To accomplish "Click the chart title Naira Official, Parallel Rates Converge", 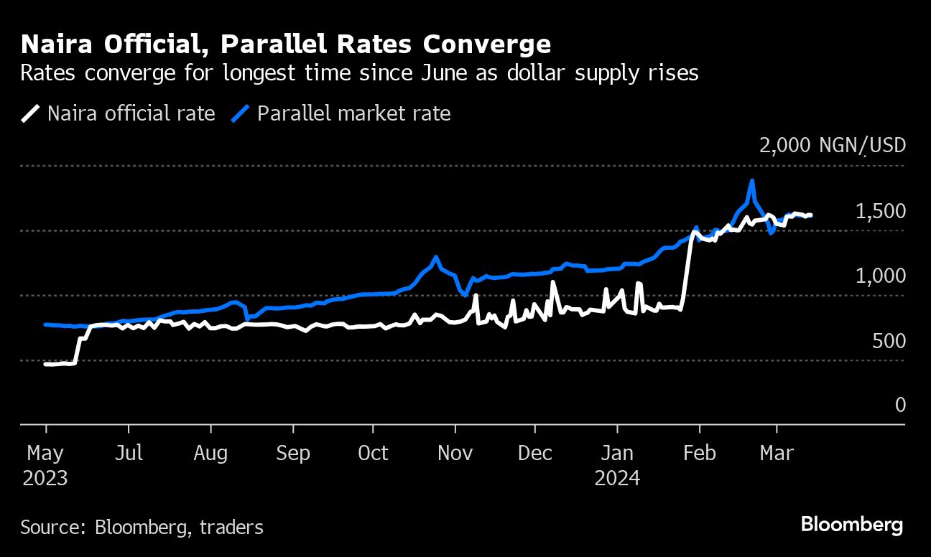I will point(286,45).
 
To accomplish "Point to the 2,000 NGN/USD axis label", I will point(832,145).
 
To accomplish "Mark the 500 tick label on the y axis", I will point(889,341).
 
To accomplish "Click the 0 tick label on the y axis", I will point(900,406).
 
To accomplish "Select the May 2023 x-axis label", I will point(45,465).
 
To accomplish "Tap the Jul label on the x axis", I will point(129,454).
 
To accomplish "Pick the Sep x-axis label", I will point(293,454).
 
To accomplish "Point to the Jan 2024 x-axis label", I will point(617,465).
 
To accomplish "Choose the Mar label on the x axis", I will point(777,454).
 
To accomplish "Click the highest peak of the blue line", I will point(752,180).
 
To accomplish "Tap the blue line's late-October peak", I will point(435,256).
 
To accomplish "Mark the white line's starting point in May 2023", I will point(46,365).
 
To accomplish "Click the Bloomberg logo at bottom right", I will point(851,525).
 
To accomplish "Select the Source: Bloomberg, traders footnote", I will point(142,528).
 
